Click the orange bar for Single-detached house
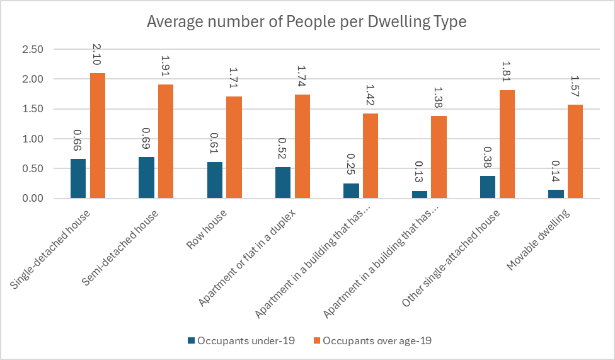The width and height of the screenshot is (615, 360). coord(98,136)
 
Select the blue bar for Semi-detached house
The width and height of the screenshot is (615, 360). coord(146,178)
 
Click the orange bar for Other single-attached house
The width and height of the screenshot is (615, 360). coord(507,144)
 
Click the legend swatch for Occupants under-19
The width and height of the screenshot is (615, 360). coord(192,341)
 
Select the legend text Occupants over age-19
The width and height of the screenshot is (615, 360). coord(377,341)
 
